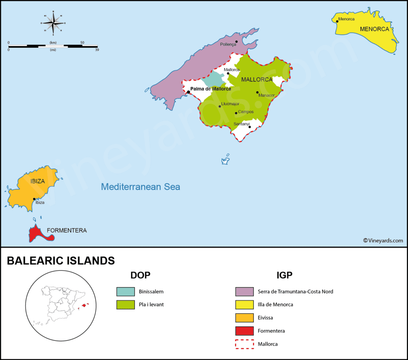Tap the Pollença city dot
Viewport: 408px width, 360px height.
coord(236,41)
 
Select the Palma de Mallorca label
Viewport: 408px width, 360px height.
coord(211,89)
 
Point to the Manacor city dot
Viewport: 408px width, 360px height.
coord(257,92)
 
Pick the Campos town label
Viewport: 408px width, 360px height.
coord(246,112)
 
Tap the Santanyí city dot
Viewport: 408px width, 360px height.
coord(250,127)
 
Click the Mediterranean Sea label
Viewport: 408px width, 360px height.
coord(140,186)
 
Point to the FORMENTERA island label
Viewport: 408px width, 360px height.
coord(67,230)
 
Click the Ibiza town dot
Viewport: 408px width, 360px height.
coord(34,199)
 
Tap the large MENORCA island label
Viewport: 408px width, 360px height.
coord(374,29)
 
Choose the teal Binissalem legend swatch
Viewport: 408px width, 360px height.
coord(126,292)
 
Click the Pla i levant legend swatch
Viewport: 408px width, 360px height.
coord(126,305)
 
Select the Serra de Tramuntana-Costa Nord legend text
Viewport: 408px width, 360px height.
coord(295,292)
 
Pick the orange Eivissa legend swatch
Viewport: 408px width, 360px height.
coord(244,318)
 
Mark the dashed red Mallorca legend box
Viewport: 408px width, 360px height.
coord(244,344)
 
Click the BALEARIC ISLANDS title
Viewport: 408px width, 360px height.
coord(61,261)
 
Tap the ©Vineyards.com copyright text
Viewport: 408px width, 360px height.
coord(383,240)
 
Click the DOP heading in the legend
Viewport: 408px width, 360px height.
coord(140,275)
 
